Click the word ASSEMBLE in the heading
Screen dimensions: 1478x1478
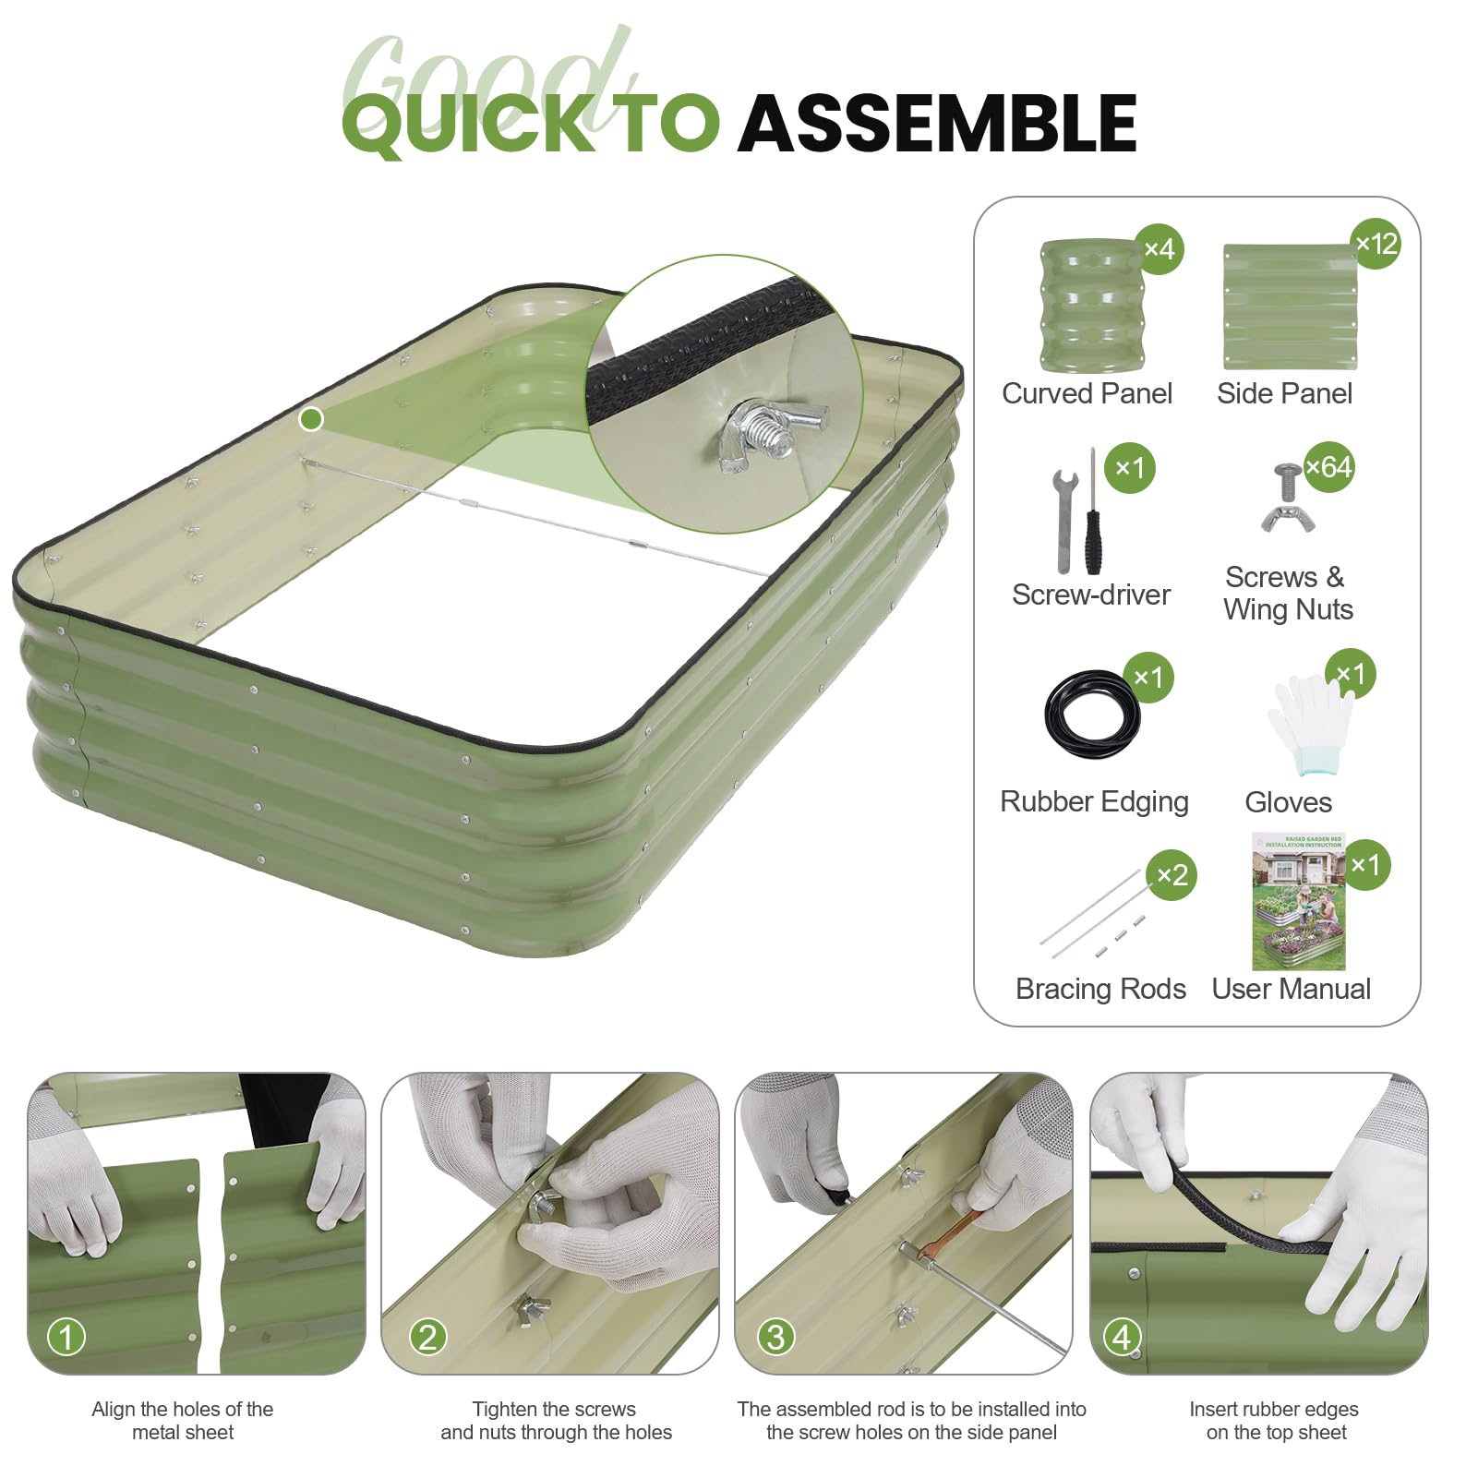[x=937, y=124]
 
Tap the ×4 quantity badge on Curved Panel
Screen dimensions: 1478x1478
[x=1159, y=249]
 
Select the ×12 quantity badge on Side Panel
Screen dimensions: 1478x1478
[x=1376, y=244]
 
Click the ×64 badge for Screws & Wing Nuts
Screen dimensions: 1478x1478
[x=1328, y=467]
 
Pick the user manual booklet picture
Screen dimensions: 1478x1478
[x=1298, y=901]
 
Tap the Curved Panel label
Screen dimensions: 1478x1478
[x=1087, y=393]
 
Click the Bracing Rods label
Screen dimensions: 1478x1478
[x=1100, y=989]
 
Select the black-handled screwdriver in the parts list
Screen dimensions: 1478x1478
[x=1093, y=513]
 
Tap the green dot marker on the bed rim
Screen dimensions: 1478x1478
[x=311, y=419]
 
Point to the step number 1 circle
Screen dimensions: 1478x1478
[x=66, y=1336]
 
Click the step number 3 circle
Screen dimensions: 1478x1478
[x=775, y=1336]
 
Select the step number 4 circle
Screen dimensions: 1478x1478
[x=1122, y=1336]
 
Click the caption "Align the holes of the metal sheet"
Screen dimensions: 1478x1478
[x=183, y=1421]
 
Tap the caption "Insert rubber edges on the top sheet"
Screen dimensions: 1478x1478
[x=1275, y=1421]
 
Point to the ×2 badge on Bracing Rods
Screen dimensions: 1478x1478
[x=1172, y=875]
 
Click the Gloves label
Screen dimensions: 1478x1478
[x=1288, y=802]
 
